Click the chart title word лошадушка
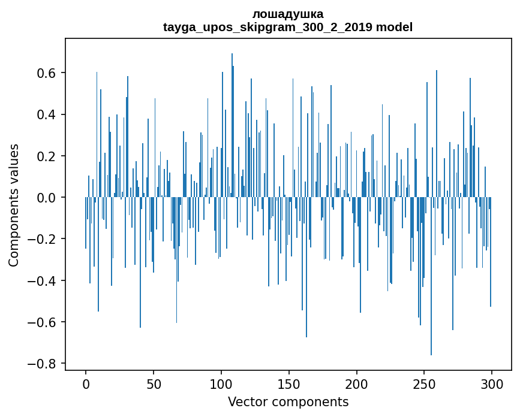pos(288,14)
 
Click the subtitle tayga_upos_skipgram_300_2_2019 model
pos(288,27)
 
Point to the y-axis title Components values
pos(14,205)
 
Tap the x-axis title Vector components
pos(288,401)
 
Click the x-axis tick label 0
pos(86,383)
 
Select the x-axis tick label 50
pos(154,383)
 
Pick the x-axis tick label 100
pos(221,383)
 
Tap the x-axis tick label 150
pos(288,383)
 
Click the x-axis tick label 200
pos(356,383)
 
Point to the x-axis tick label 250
pos(424,383)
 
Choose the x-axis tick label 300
pos(492,383)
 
